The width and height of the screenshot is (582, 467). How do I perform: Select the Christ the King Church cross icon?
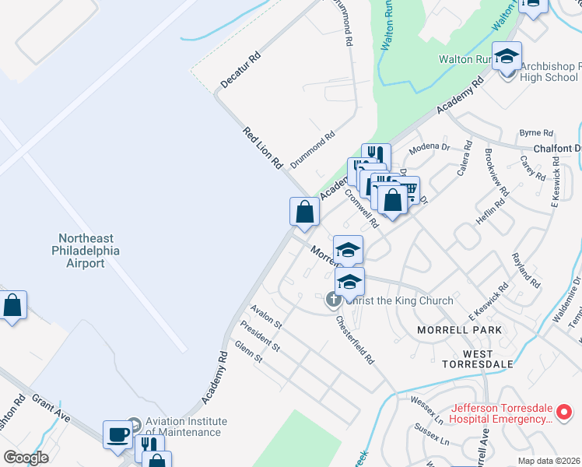[334, 298]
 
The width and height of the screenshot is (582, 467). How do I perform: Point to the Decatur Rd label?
[240, 69]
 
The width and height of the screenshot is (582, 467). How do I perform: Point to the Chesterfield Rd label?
[355, 340]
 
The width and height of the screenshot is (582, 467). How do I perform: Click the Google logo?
[26, 458]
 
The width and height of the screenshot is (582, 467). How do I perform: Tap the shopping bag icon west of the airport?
[13, 305]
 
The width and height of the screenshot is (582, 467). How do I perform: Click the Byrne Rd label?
[535, 133]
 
